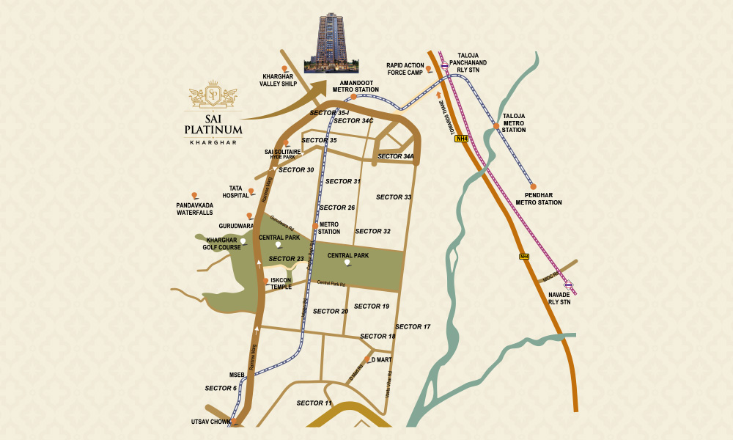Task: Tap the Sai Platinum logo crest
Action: pos(213,94)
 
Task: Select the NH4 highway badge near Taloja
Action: pos(461,138)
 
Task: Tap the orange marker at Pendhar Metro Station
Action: pos(534,187)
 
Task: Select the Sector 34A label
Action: pos(396,156)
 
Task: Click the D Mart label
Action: pos(382,359)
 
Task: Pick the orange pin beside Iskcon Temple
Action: pos(265,280)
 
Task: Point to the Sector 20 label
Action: pos(331,311)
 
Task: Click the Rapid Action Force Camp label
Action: pos(406,68)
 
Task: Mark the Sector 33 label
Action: pos(394,197)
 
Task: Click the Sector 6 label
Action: pos(221,387)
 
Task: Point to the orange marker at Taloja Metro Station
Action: pos(496,126)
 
